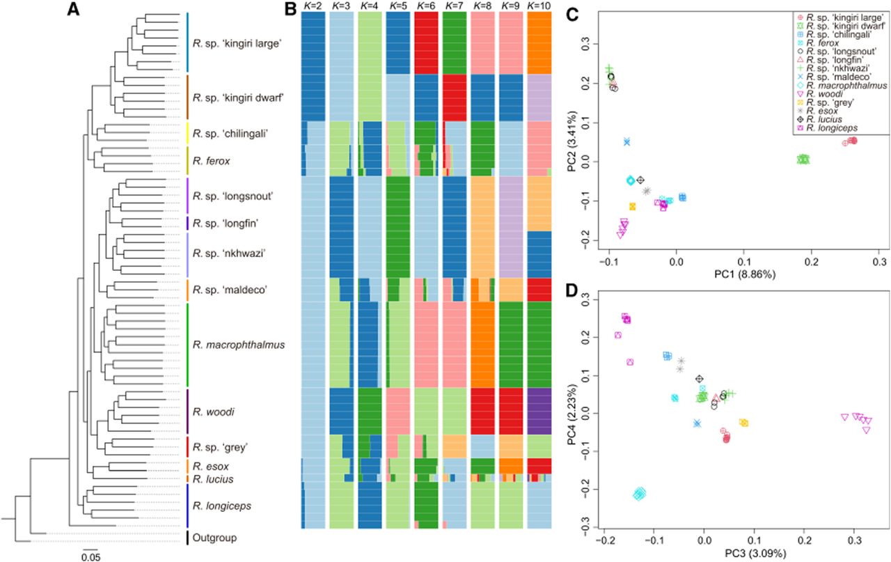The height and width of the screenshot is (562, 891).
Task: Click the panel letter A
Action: tap(73, 9)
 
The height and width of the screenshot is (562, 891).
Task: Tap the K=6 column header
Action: tap(426, 6)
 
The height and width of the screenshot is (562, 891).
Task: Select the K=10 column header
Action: tap(539, 6)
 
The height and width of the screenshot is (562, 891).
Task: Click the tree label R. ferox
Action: tap(211, 161)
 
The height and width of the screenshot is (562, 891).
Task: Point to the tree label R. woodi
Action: tap(213, 412)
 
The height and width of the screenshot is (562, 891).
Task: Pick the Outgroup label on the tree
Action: tap(214, 538)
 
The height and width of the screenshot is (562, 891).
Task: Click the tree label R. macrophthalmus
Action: tap(239, 345)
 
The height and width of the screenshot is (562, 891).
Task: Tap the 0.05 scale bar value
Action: tap(90, 557)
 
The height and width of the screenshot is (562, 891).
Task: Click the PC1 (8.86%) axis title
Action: tap(745, 274)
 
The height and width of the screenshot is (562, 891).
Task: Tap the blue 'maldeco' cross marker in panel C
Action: tap(627, 141)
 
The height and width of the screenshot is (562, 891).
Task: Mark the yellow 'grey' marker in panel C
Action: tap(633, 206)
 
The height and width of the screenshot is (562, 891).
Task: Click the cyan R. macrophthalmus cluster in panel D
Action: tap(639, 494)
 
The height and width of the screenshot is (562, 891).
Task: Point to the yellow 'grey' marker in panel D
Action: tap(743, 423)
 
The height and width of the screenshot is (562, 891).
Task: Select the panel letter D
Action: tap(571, 290)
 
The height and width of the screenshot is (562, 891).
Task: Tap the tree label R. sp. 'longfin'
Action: tap(226, 224)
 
